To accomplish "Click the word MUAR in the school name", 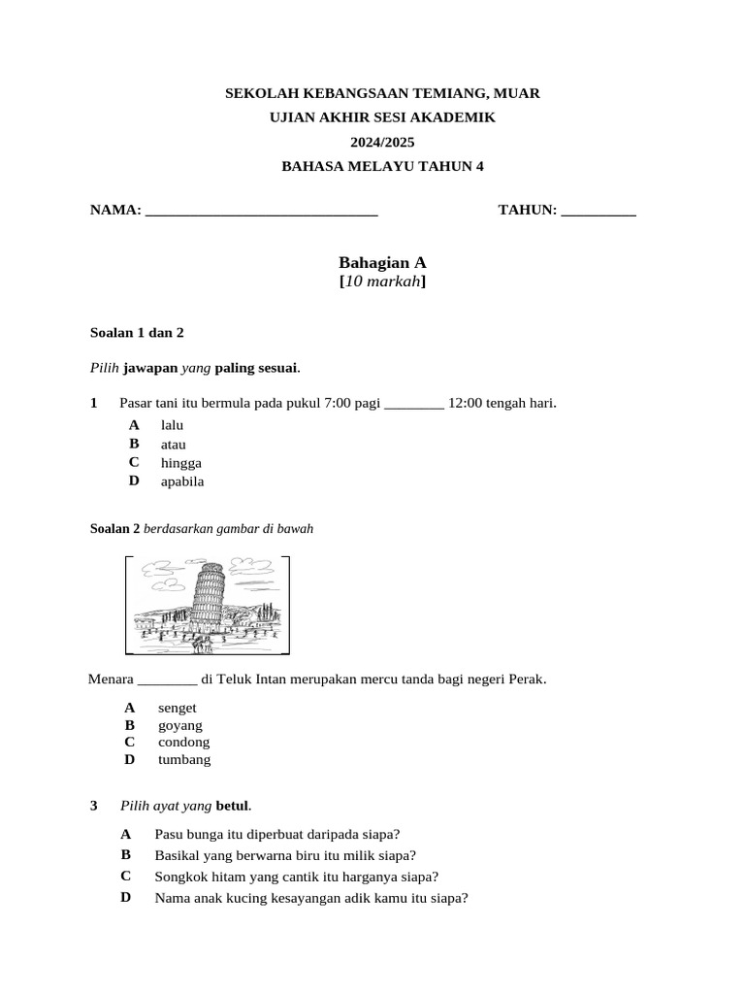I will (517, 93).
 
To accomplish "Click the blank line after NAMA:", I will (261, 211).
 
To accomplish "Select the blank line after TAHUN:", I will (599, 211).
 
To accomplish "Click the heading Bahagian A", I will (382, 262).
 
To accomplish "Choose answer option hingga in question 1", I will (181, 463).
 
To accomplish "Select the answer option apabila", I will (182, 481).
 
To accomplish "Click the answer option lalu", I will (172, 425).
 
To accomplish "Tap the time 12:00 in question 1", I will (468, 403).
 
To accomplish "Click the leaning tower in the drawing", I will (208, 596).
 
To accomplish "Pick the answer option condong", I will (184, 743).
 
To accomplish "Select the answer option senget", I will (178, 708).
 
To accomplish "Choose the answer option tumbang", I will (184, 760).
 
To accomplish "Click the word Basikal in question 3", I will (178, 855).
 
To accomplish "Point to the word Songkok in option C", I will (181, 877).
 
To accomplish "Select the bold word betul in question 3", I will (232, 806).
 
